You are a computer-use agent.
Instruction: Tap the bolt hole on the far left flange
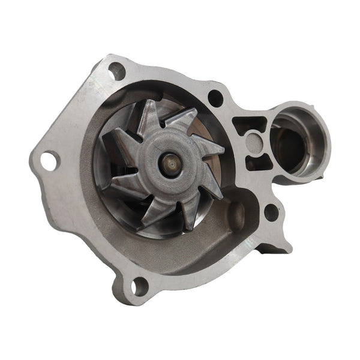pyautogui.click(x=48, y=160)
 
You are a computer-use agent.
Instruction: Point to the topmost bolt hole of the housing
pyautogui.click(x=116, y=71)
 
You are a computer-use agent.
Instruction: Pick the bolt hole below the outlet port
pyautogui.click(x=271, y=211)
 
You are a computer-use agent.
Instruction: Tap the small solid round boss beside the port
pyautogui.click(x=254, y=143)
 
